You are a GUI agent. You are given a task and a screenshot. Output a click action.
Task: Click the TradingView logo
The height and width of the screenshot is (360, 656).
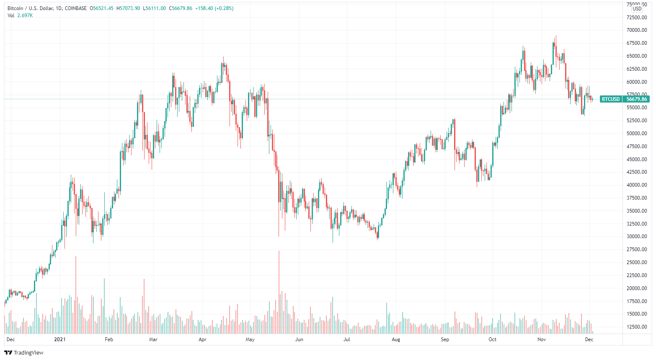tap(24, 352)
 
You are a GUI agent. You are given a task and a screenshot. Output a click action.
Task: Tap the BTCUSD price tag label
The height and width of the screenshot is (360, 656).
tap(610, 99)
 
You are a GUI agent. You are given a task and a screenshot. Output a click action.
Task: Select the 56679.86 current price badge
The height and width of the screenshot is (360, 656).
tap(636, 99)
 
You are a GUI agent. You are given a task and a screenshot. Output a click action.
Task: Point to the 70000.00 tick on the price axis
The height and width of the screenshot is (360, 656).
tap(637, 30)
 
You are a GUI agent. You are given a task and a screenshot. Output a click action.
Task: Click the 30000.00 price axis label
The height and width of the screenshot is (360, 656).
tap(637, 237)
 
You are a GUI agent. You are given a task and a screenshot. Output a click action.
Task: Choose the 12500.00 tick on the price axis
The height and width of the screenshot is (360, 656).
tap(637, 327)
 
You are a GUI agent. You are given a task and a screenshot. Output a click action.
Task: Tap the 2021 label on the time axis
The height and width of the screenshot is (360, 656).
tap(60, 339)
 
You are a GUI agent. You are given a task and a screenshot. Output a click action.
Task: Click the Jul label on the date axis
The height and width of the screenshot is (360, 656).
tap(347, 339)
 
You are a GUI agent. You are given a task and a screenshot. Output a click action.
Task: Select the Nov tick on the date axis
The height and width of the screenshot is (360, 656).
tap(542, 339)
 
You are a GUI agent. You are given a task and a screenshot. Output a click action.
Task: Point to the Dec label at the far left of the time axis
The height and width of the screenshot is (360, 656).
tap(11, 339)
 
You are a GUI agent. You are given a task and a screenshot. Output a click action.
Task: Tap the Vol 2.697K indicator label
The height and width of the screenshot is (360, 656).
tap(20, 15)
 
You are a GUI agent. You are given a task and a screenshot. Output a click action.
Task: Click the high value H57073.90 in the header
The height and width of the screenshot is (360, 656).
tap(128, 8)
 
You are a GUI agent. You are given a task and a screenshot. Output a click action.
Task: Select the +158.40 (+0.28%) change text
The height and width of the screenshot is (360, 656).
tap(214, 8)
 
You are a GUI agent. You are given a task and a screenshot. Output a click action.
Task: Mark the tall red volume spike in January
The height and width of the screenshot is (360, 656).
tap(76, 295)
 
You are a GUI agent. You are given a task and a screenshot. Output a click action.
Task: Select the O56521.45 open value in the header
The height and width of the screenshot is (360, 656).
tap(102, 8)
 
